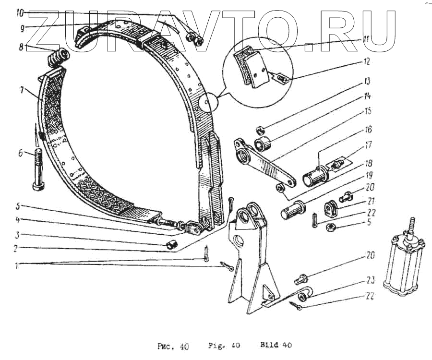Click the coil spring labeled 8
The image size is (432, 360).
tap(59, 58)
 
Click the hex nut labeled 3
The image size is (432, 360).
tap(171, 245)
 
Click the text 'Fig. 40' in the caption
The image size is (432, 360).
tap(224, 345)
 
